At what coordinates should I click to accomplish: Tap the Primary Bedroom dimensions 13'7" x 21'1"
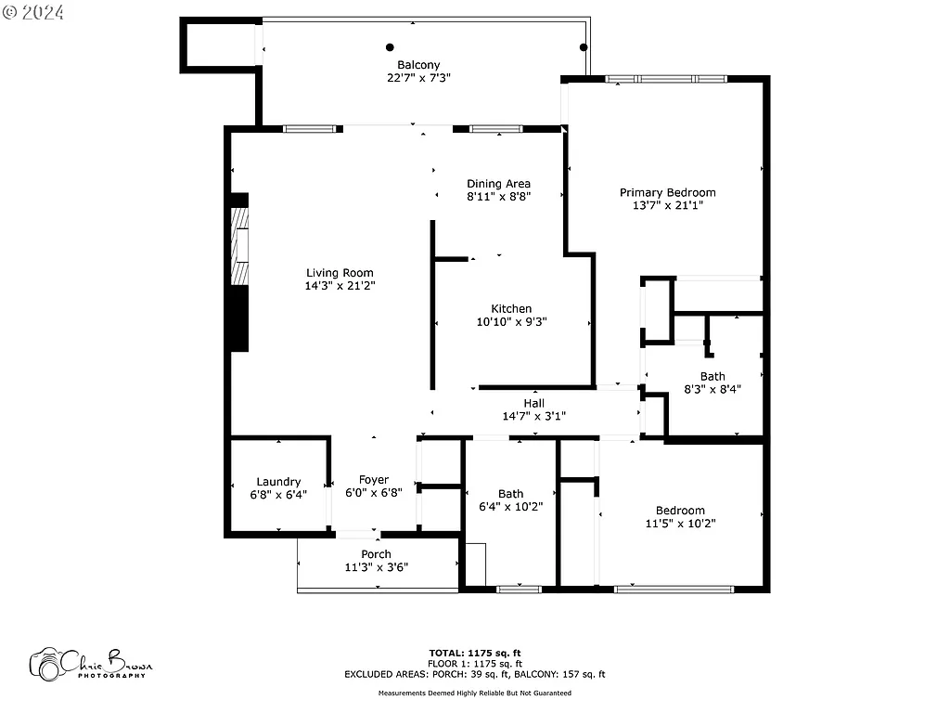(667, 206)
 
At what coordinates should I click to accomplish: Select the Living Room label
(340, 273)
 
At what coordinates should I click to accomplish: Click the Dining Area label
(498, 184)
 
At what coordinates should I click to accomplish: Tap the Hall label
(533, 403)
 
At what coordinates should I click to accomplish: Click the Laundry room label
(278, 482)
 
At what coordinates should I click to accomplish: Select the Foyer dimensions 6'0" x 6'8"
(374, 494)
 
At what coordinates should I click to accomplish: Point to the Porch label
(376, 554)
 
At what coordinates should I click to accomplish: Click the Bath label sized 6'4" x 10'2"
(510, 494)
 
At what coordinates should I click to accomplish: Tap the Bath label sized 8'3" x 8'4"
(712, 376)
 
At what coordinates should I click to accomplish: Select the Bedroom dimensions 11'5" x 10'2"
(680, 524)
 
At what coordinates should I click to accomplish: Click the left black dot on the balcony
(390, 47)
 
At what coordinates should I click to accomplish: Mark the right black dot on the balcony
(584, 47)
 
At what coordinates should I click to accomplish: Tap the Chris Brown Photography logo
(90, 664)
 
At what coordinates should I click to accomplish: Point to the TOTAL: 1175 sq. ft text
(481, 653)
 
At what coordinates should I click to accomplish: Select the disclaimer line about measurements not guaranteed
(474, 694)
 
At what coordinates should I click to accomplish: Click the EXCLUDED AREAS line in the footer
(474, 675)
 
